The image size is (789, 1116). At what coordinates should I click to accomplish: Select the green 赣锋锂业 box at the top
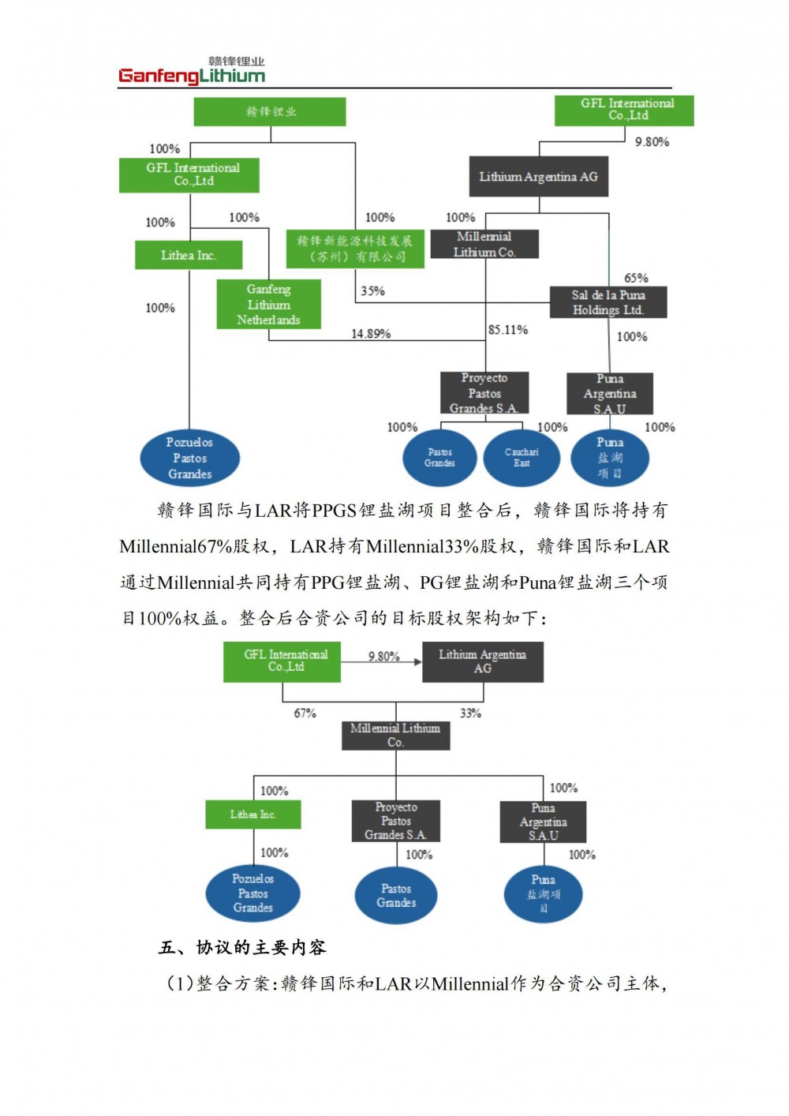(270, 112)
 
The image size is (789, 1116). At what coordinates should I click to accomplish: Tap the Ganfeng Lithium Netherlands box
(268, 305)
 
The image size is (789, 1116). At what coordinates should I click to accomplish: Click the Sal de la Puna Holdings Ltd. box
(608, 302)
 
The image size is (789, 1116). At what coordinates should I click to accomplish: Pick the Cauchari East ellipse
(522, 458)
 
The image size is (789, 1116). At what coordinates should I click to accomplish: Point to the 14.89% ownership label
(371, 334)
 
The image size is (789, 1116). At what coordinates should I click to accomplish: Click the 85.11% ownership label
(508, 330)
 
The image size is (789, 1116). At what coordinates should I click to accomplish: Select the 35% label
(372, 291)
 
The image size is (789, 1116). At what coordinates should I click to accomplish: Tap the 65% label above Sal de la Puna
(636, 278)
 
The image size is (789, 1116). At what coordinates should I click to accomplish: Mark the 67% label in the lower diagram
(305, 713)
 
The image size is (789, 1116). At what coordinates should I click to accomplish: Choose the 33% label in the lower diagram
(470, 713)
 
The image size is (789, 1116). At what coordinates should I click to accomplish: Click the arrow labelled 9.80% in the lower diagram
(384, 661)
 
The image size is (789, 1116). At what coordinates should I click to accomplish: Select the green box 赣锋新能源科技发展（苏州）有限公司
(355, 249)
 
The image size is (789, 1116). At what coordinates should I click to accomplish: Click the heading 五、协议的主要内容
(242, 947)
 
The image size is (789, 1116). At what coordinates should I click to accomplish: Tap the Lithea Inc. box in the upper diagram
(189, 256)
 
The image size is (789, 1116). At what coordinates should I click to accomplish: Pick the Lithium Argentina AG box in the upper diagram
(539, 177)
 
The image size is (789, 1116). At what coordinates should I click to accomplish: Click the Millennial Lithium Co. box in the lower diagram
(395, 736)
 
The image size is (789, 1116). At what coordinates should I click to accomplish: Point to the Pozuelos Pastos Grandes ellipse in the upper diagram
(189, 458)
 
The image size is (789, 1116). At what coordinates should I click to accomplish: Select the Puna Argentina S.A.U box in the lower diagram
(543, 822)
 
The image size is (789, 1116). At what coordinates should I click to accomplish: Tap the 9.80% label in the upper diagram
(652, 142)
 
